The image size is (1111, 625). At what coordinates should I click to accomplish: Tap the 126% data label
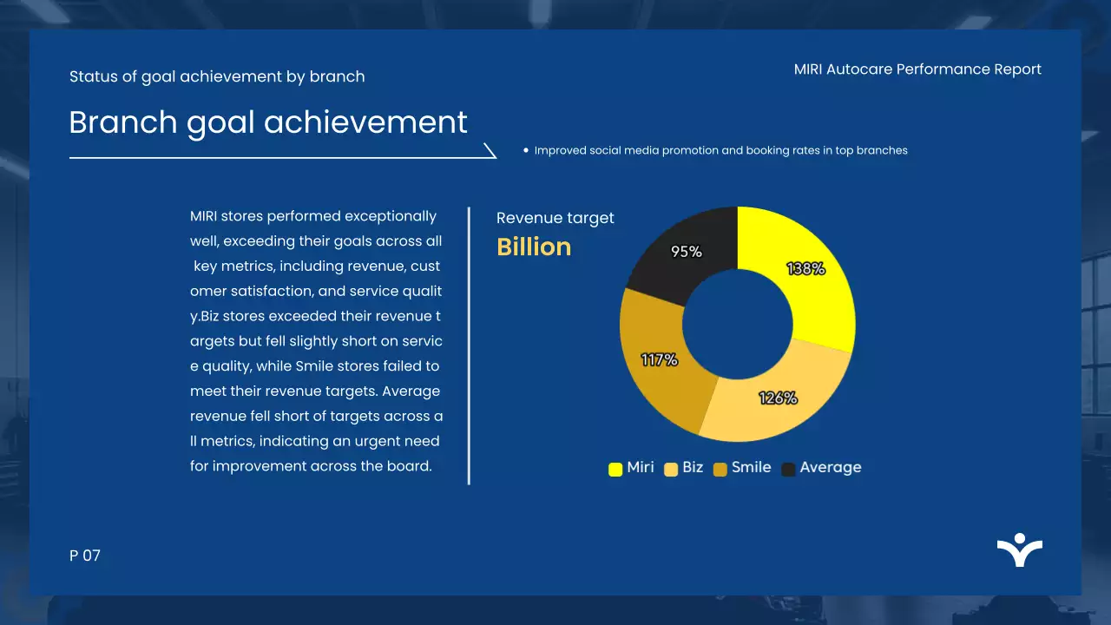[778, 398]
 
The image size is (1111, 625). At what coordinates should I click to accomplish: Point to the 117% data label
[659, 359]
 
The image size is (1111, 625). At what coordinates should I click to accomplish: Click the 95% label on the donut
[686, 252]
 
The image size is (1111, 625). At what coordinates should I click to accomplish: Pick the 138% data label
[805, 269]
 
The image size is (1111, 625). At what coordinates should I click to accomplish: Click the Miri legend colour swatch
[615, 469]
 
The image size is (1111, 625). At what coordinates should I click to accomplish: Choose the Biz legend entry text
[693, 467]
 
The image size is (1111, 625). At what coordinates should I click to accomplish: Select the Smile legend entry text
[751, 467]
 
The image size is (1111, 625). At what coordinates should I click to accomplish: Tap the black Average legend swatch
[788, 469]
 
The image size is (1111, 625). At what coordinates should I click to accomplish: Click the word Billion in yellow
[534, 247]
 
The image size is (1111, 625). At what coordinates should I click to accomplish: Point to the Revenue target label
[555, 218]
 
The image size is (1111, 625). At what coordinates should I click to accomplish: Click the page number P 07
[85, 556]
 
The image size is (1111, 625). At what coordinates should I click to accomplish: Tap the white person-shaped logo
[1019, 550]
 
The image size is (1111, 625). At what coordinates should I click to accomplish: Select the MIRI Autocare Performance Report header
[917, 69]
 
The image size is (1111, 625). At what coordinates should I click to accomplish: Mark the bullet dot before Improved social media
[526, 150]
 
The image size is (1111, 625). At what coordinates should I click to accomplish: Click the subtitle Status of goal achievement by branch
[217, 76]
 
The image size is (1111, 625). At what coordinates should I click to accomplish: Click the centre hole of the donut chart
[737, 325]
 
